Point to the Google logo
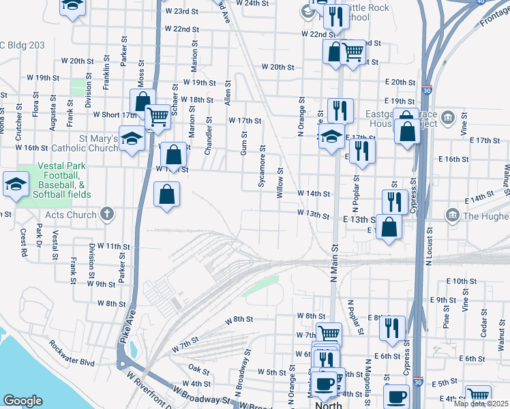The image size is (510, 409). [23, 401]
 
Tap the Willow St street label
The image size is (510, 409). [280, 183]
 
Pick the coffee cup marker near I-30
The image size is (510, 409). [397, 397]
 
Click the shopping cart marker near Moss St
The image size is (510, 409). [158, 117]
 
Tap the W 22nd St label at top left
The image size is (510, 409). [181, 29]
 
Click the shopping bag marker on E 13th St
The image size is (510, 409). [389, 228]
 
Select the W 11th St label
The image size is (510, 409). [113, 245]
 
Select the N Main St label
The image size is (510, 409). [333, 263]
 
